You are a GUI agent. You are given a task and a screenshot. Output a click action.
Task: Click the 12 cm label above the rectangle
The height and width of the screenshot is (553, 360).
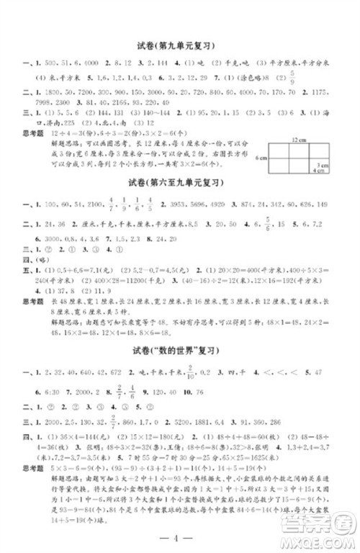300,137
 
